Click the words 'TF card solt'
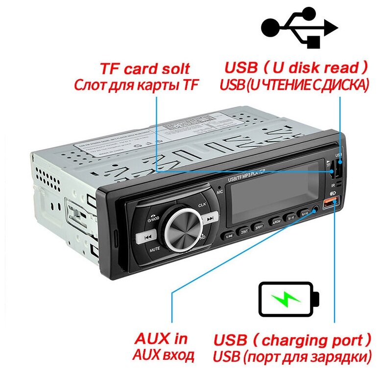(144, 68)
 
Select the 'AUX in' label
(161, 339)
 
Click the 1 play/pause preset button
(228, 236)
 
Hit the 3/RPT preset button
(260, 226)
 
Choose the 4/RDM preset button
(276, 220)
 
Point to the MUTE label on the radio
(155, 249)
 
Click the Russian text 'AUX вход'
(163, 355)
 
